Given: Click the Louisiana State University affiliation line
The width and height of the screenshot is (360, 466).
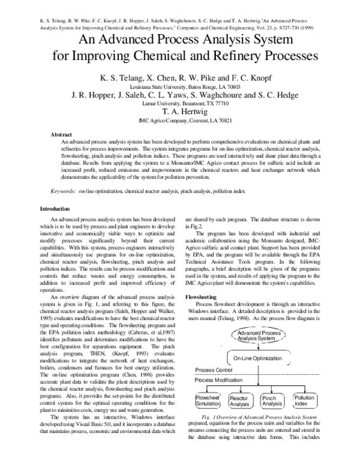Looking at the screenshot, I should coord(180,86).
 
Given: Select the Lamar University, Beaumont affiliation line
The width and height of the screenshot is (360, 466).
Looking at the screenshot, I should coord(180,103).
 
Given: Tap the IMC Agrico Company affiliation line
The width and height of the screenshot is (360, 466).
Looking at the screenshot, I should coord(180,120).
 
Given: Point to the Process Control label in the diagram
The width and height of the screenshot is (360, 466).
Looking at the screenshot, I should coord(215,371).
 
